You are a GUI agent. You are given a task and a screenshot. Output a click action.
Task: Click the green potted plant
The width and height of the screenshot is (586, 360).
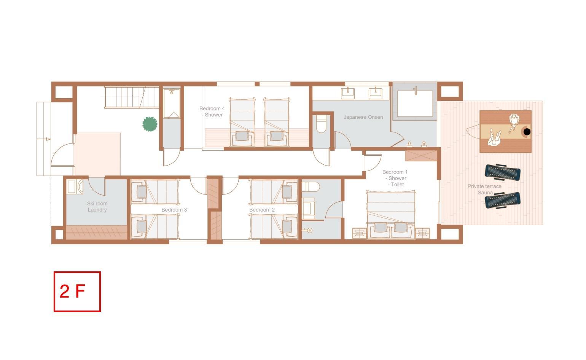coord(150,124)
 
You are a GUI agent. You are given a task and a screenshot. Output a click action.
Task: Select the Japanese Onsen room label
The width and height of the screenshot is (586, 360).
coord(363,117)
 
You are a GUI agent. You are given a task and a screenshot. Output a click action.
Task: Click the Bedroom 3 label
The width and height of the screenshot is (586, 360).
coord(174,210)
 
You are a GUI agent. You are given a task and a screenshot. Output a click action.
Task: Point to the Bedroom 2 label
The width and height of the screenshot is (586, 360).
coord(262,210)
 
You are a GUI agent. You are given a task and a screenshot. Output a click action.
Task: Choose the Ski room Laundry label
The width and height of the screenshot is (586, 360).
coord(97,207)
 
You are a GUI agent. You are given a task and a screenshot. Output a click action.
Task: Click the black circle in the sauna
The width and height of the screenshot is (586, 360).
coord(527,132)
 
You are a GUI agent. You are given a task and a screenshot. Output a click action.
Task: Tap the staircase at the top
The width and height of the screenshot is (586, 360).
coord(132,97)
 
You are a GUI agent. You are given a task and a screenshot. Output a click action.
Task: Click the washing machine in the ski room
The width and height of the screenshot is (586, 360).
coord(75,186)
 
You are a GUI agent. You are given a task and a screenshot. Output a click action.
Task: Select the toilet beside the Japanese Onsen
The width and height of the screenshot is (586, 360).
coord(321,124)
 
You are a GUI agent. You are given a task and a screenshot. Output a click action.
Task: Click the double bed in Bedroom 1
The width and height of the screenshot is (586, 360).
coord(390,215)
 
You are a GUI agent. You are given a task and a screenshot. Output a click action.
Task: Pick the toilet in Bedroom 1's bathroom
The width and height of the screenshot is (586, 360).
coord(311,187)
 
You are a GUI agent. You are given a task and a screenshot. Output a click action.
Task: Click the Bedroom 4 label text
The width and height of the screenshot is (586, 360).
coord(212,112)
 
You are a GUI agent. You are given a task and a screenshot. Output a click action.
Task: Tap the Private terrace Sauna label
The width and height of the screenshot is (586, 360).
coord(484,190)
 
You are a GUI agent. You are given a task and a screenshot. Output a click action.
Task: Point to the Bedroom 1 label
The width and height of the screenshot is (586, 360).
coord(395,178)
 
